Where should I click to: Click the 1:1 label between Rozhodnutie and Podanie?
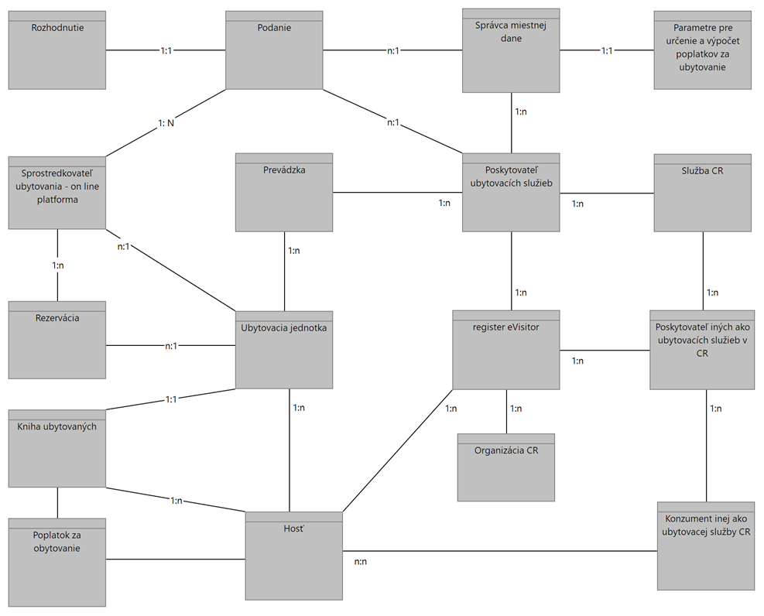[166, 50]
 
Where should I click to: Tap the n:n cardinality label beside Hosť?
[360, 561]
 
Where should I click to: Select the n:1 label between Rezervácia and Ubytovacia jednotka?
[171, 346]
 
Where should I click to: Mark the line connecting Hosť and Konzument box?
[503, 551]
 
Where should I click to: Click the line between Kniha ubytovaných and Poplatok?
[58, 503]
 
